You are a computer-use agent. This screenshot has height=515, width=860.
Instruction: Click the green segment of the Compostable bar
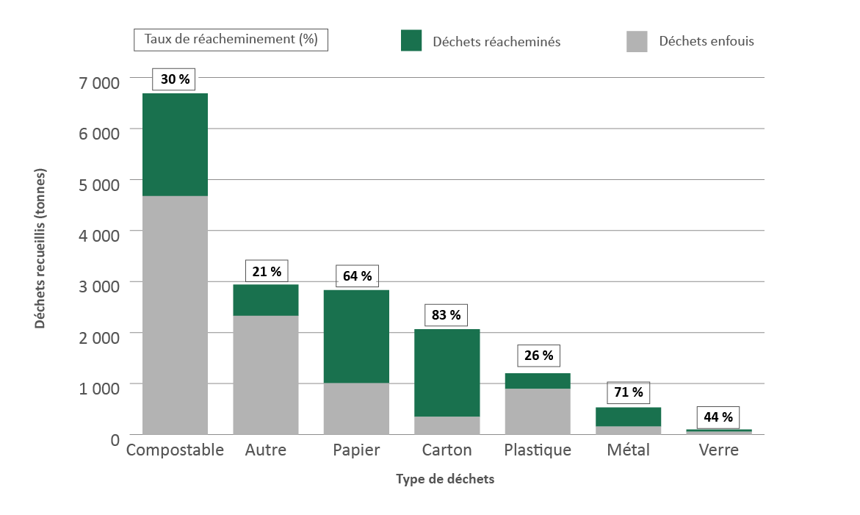175,145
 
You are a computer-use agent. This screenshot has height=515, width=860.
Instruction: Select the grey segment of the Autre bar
266,375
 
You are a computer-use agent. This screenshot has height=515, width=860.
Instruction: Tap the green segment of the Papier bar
356,336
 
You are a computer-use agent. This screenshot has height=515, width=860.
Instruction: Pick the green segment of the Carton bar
447,372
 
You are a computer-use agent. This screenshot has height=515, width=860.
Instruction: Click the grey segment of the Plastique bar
538,411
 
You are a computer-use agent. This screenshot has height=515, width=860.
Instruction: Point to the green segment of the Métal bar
629,417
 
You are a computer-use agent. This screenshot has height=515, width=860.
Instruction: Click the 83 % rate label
447,315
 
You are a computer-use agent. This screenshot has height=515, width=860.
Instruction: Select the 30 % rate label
174,79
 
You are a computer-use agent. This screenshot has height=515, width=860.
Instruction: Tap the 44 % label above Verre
718,417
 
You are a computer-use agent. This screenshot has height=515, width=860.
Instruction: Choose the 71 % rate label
628,392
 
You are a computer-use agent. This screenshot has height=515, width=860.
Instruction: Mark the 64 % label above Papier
357,276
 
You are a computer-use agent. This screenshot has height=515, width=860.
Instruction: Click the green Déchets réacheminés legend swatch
411,41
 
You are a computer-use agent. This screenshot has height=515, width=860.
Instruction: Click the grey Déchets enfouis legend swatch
637,41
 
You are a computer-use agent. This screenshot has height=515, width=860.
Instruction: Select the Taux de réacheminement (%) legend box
231,40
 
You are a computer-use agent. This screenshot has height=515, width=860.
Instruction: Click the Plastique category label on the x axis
538,450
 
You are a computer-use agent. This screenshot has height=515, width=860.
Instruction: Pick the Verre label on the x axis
719,450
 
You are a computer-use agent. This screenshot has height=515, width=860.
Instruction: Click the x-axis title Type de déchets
445,480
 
